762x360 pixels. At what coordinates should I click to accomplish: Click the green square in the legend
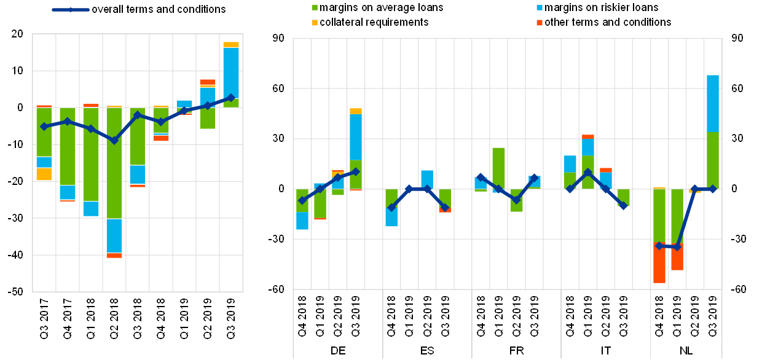pyautogui.click(x=315, y=8)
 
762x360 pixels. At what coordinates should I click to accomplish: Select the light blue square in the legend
pyautogui.click(x=540, y=8)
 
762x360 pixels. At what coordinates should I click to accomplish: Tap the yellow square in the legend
pyautogui.click(x=315, y=23)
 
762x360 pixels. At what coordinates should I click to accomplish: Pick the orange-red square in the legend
pyautogui.click(x=540, y=23)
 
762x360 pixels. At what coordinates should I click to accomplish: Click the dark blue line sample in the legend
pyautogui.click(x=70, y=10)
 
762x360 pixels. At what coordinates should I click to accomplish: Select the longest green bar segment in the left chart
pyautogui.click(x=114, y=163)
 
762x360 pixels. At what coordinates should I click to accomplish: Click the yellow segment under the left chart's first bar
pyautogui.click(x=44, y=174)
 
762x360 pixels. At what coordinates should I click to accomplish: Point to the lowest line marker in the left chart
pyautogui.click(x=114, y=140)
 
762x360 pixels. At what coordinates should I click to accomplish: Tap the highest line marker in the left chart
pyautogui.click(x=231, y=97)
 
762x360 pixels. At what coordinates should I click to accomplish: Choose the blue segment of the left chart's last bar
pyautogui.click(x=231, y=72)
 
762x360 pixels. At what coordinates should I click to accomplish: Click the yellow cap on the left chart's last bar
pyautogui.click(x=231, y=45)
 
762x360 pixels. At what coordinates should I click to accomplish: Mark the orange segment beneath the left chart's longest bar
pyautogui.click(x=114, y=255)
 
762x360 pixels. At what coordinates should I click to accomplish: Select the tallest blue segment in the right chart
pyautogui.click(x=713, y=103)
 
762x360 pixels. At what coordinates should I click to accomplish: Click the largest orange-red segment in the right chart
pyautogui.click(x=659, y=262)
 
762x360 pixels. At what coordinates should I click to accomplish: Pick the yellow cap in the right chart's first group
pyautogui.click(x=356, y=111)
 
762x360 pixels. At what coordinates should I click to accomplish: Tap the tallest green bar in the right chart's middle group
pyautogui.click(x=498, y=168)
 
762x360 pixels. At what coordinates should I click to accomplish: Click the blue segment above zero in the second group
pyautogui.click(x=427, y=179)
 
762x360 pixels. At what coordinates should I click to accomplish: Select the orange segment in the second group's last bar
pyautogui.click(x=445, y=210)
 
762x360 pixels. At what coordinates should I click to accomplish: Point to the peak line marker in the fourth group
pyautogui.click(x=588, y=172)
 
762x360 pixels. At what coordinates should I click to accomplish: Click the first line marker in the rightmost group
pyautogui.click(x=659, y=246)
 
